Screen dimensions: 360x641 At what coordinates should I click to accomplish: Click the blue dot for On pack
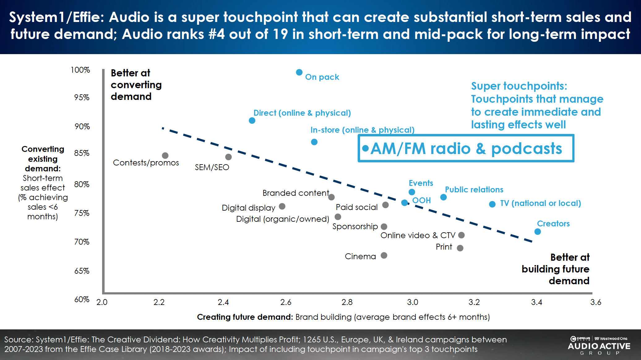click(299, 72)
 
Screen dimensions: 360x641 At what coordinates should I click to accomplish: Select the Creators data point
click(538, 232)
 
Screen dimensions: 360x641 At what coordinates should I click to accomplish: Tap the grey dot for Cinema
click(384, 255)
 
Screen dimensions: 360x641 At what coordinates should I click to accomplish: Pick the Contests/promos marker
click(165, 155)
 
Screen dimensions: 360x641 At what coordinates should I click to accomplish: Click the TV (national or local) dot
click(492, 204)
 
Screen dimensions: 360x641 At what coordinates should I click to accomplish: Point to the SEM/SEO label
click(212, 167)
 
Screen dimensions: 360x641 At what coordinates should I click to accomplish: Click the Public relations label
click(474, 190)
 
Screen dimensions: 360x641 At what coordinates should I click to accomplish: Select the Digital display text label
click(248, 208)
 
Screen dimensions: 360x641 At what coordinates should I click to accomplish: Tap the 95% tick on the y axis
click(82, 97)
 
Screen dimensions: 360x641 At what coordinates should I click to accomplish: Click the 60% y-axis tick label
click(82, 299)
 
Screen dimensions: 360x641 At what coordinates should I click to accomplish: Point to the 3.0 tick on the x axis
click(412, 302)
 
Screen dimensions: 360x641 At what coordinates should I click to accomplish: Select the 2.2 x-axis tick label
click(159, 302)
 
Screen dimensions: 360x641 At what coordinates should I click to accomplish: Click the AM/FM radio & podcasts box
click(466, 148)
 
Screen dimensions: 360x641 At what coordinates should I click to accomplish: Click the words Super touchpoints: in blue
click(519, 86)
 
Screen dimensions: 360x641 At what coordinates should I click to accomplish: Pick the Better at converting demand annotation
click(136, 85)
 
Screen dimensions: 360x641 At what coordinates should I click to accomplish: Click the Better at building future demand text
click(556, 269)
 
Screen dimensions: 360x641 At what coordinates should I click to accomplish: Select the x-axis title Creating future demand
click(245, 317)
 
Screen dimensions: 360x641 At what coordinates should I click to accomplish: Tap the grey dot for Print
click(460, 248)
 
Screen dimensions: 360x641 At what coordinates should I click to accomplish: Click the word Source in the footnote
click(18, 340)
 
